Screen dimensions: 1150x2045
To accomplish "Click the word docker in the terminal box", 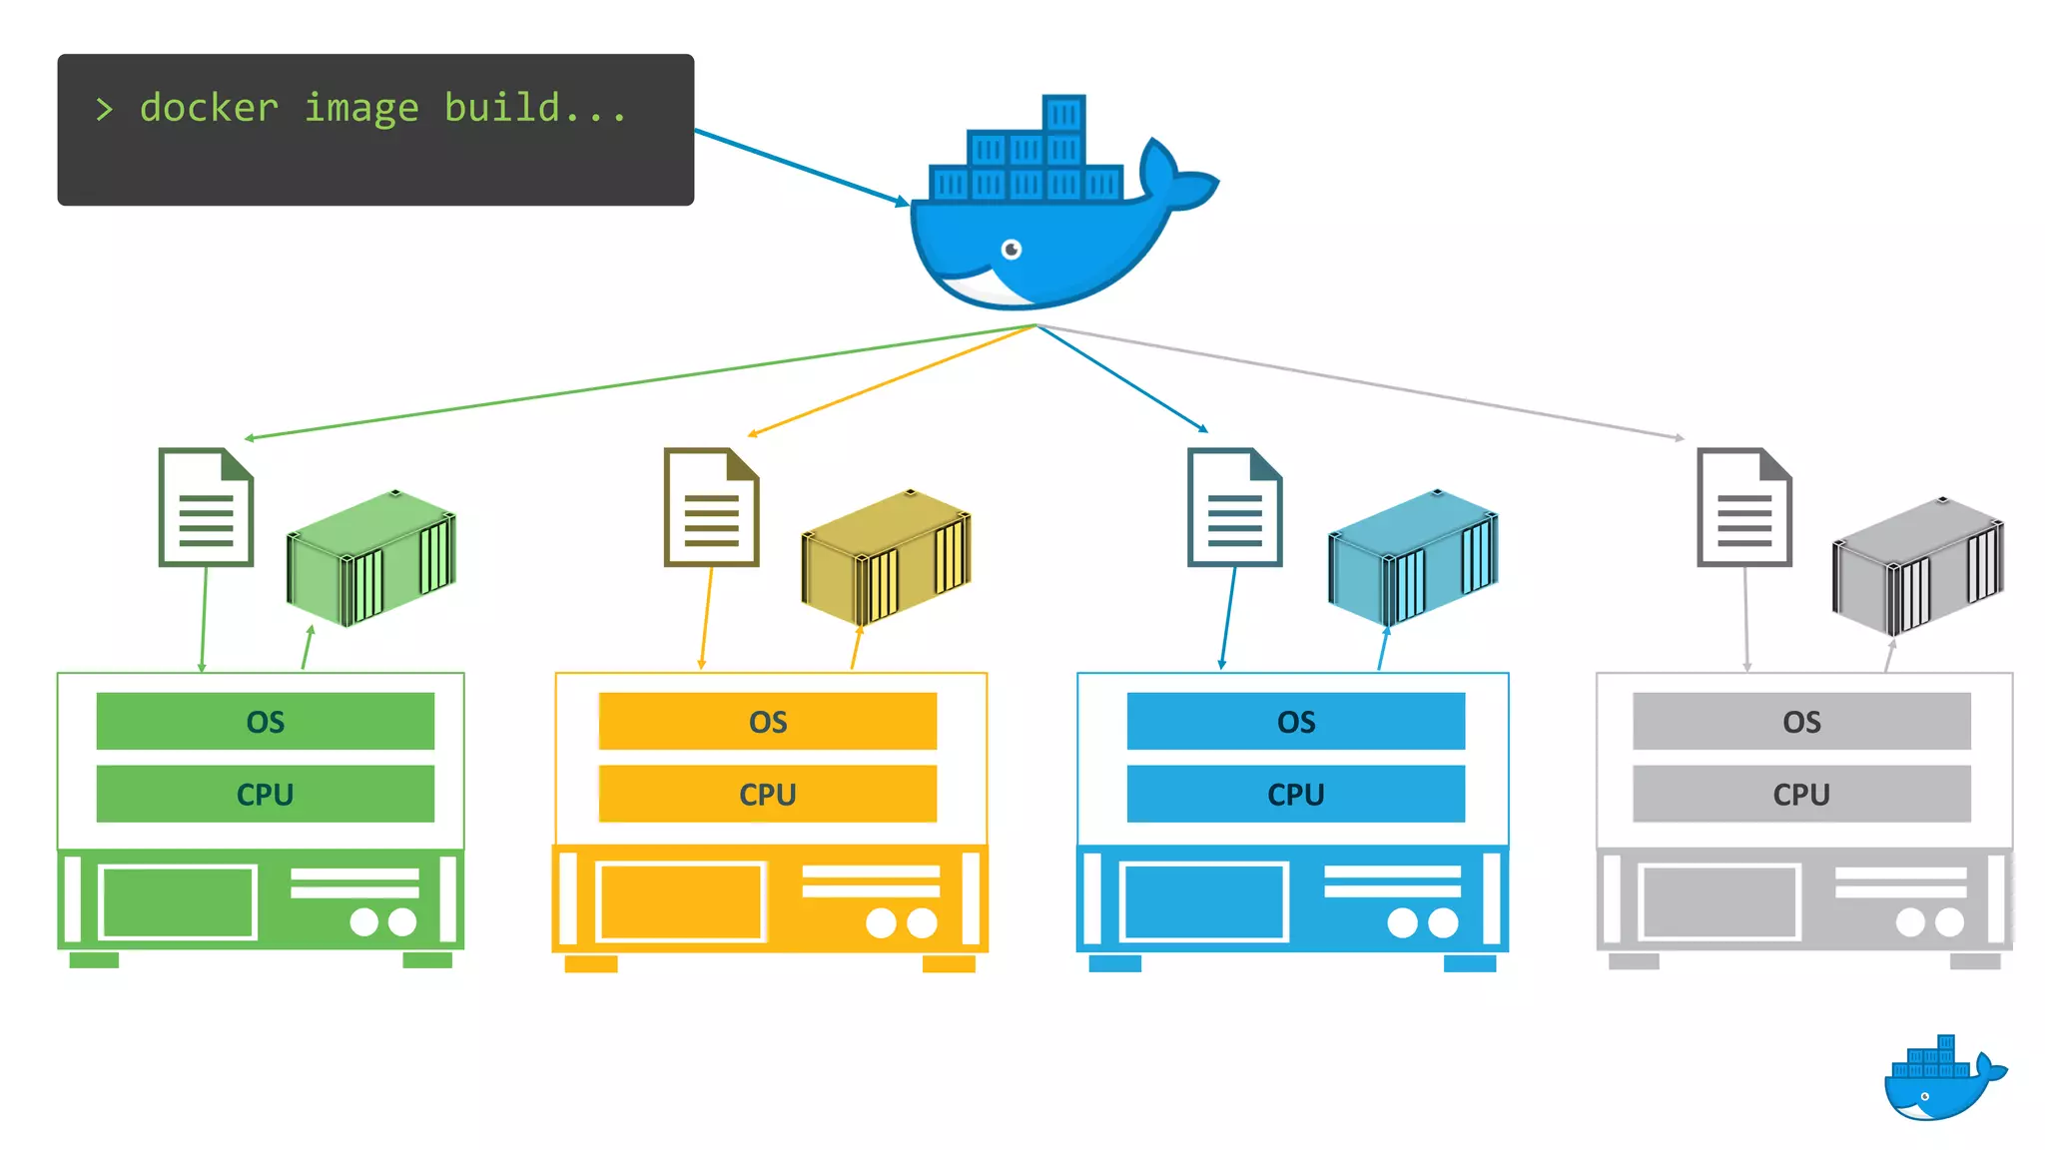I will [x=209, y=108].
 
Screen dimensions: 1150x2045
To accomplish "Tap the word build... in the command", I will [x=535, y=108].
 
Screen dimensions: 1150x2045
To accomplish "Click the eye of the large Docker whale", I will [x=1012, y=249].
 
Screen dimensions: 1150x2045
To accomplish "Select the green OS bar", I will [x=265, y=721].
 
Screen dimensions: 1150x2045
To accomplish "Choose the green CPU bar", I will [x=265, y=794].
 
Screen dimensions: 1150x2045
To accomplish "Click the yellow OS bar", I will [x=767, y=721].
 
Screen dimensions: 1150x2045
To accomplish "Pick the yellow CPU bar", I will [x=767, y=794].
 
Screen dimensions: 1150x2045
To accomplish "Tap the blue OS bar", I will [x=1295, y=721].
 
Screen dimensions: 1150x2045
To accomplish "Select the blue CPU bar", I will [x=1295, y=794].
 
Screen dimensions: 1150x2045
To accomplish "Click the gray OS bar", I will [x=1801, y=721].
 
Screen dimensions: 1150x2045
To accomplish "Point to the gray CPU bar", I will [x=1801, y=794].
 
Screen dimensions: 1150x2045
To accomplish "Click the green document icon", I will [x=206, y=508].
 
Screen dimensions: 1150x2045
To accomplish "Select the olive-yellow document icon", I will [x=711, y=508].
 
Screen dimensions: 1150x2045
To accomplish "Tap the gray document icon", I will [x=1744, y=508].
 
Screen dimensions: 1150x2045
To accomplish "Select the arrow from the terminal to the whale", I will [x=799, y=166].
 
